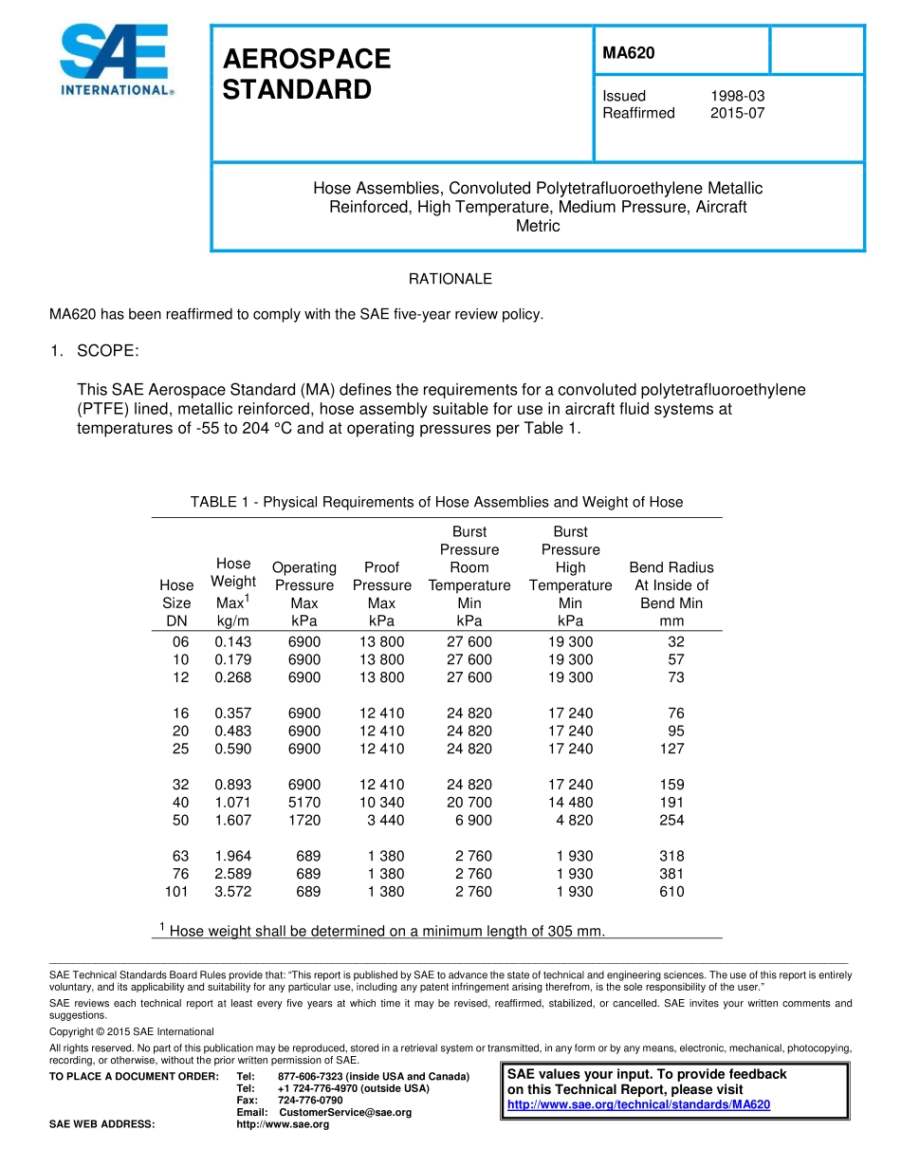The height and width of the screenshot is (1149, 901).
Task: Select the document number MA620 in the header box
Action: (628, 53)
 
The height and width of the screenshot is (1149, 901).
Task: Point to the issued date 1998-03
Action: (737, 96)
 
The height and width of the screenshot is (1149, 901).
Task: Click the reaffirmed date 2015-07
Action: (737, 113)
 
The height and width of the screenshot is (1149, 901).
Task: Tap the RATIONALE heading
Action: (450, 279)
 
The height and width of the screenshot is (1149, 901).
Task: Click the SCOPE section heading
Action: (107, 351)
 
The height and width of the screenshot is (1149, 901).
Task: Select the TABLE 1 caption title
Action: (436, 502)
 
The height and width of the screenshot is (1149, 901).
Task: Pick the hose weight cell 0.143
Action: (232, 641)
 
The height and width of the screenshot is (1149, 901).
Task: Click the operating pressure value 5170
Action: (304, 803)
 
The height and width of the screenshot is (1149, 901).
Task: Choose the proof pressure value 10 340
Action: (381, 803)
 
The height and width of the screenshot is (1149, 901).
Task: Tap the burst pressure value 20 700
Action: (469, 803)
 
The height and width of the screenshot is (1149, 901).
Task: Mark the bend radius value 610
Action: (671, 892)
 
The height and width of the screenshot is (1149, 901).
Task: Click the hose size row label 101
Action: (176, 892)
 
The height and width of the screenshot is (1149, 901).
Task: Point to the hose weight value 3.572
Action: (232, 892)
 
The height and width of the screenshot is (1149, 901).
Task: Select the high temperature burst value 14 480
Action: (570, 803)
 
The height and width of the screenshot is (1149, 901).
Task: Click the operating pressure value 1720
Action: (304, 821)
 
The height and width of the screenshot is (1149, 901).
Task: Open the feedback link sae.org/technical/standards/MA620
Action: (638, 1104)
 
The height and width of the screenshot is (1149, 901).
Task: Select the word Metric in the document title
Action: (538, 226)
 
